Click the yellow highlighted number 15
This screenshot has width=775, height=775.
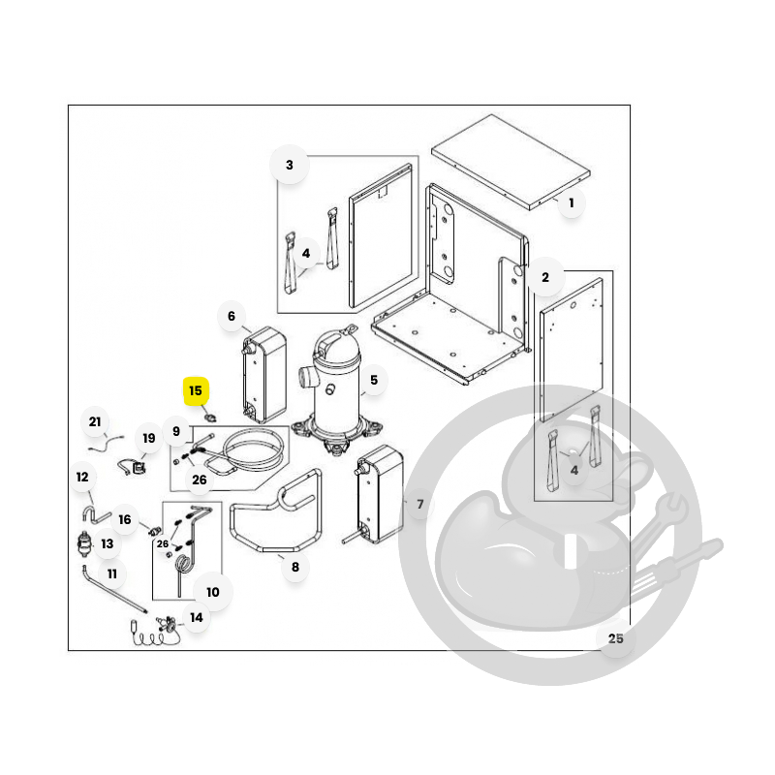[196, 391]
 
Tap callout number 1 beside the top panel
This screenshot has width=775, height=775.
[572, 202]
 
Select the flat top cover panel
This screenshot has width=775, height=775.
[511, 162]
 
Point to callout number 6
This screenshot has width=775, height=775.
[232, 317]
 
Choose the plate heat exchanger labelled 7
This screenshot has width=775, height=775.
[379, 494]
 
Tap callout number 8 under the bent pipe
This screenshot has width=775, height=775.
[295, 567]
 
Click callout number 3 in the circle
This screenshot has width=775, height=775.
[290, 165]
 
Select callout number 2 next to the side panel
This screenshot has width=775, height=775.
[545, 277]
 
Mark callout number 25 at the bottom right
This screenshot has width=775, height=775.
[615, 638]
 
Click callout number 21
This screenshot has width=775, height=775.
[95, 421]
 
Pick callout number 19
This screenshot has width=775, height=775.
[149, 439]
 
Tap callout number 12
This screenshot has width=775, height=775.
[82, 477]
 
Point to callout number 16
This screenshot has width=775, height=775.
[125, 519]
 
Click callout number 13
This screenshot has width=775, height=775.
[108, 544]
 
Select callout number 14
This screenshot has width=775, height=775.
[197, 618]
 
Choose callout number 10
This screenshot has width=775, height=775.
[212, 592]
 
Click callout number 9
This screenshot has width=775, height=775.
[176, 431]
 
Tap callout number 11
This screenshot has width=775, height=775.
[112, 573]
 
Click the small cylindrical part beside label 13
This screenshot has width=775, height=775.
[85, 544]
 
